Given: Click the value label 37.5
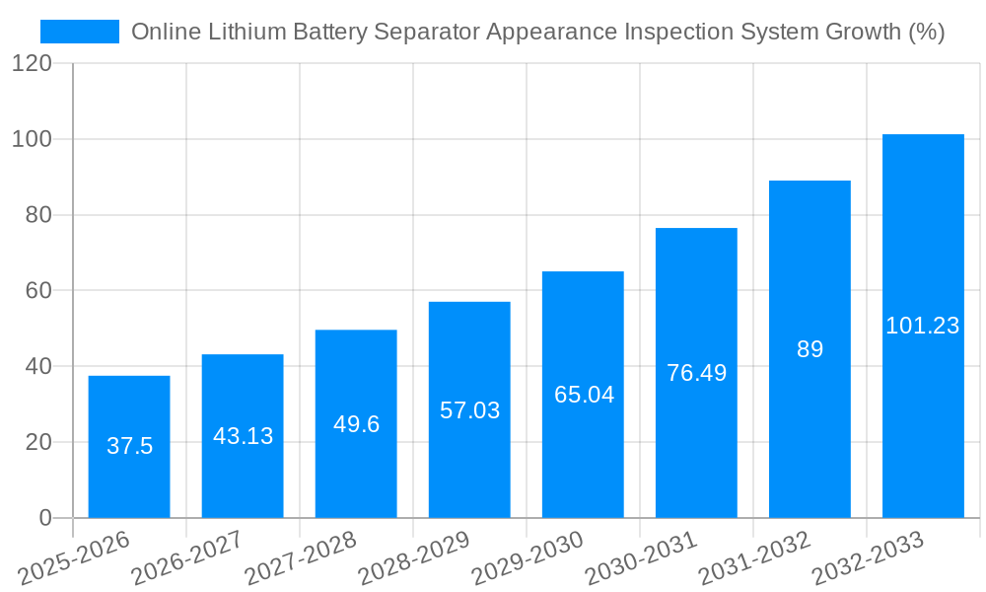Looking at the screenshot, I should [129, 446].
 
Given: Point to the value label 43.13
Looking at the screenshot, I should [243, 436].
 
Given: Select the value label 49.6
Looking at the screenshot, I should [356, 424].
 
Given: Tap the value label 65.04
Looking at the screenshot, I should [584, 395].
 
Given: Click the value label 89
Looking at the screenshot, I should [810, 349].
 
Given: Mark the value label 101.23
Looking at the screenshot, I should [923, 326].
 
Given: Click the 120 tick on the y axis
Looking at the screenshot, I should [33, 63].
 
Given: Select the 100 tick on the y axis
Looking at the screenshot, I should [33, 139].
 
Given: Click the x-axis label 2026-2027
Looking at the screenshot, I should [187, 557].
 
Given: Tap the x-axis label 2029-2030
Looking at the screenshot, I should [528, 557].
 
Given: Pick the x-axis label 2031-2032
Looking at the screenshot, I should [754, 557].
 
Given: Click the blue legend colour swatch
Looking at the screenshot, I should [79, 32].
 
